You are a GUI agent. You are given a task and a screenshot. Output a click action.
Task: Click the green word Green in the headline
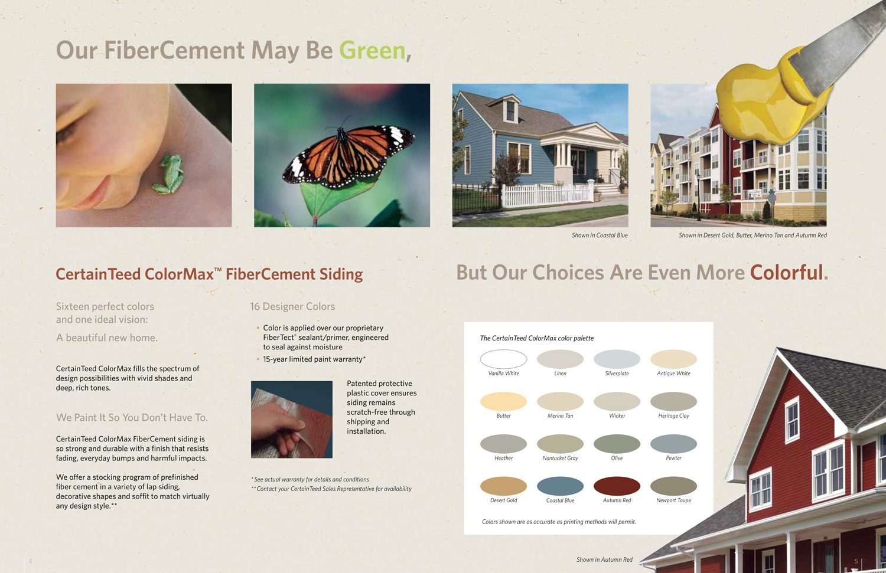point(372,51)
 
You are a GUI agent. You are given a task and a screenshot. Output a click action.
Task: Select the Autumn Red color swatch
point(617,486)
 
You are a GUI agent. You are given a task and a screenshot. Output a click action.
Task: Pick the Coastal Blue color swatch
point(560,486)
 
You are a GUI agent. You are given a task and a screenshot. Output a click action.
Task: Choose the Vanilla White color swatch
point(503,359)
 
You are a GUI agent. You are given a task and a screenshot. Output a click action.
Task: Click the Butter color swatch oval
point(503,401)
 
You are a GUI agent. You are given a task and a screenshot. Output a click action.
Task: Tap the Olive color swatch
point(617,443)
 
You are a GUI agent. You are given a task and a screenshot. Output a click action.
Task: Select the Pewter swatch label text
point(673,458)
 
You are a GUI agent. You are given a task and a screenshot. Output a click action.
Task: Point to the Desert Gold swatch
point(503,486)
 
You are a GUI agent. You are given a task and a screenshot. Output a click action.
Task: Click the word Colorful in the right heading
point(786,272)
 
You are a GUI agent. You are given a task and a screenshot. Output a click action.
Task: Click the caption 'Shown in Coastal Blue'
point(600,235)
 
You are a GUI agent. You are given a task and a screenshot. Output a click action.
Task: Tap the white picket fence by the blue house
point(548,195)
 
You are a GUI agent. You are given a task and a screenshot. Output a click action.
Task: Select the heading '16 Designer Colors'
point(292,306)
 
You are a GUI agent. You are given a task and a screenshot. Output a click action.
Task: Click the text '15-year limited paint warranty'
point(313,359)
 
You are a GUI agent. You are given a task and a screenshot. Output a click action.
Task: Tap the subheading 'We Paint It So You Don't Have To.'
point(132,417)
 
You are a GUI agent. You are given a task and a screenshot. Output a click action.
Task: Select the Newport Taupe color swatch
point(673,486)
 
